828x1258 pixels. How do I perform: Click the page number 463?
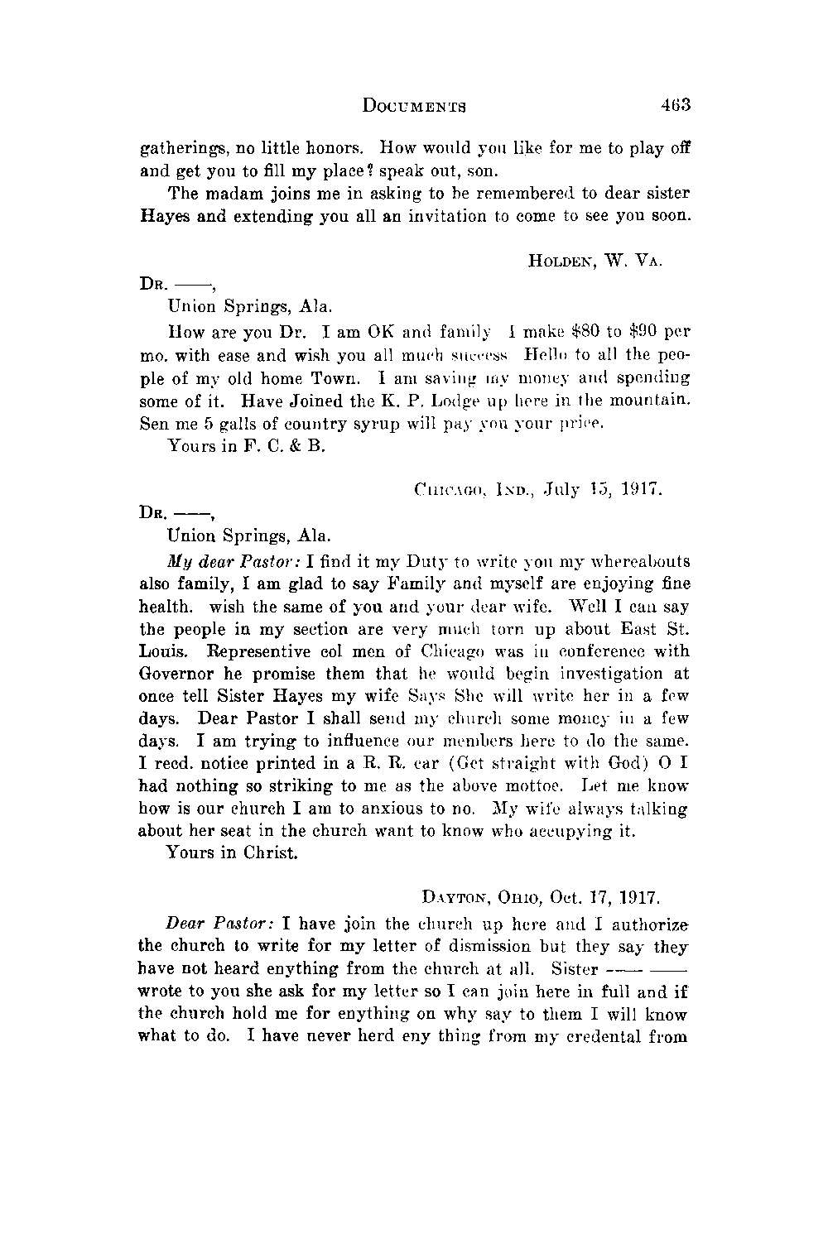point(676,106)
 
